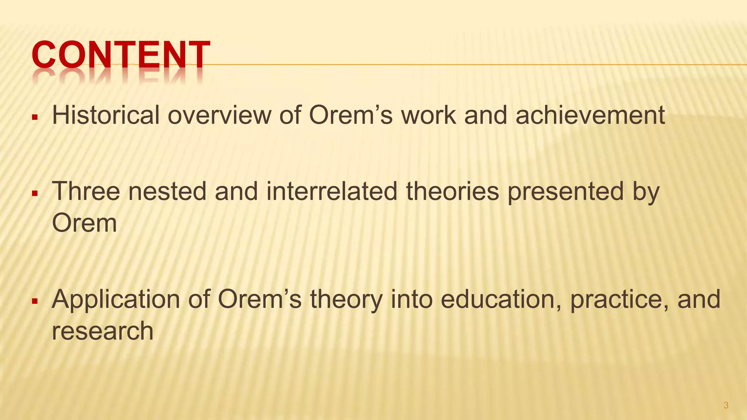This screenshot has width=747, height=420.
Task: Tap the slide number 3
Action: (726, 405)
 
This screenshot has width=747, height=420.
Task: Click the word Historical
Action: (106, 115)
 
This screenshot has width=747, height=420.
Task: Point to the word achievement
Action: (590, 115)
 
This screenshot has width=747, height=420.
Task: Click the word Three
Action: (86, 191)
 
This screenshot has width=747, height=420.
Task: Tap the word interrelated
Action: (332, 191)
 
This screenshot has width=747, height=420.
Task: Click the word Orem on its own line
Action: (84, 223)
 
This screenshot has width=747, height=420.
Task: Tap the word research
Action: (102, 331)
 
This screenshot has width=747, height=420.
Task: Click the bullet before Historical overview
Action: (35, 118)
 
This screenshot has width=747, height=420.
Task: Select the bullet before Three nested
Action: (35, 194)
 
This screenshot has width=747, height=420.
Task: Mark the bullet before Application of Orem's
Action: (35, 302)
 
